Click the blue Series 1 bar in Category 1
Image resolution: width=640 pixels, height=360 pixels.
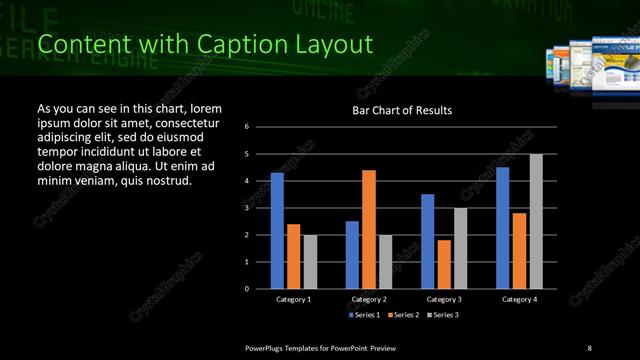point(277,230)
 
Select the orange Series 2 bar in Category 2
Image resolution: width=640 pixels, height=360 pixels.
point(369,229)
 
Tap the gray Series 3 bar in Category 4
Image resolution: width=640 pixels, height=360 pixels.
point(536,221)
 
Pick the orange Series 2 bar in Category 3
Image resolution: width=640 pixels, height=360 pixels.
point(444,264)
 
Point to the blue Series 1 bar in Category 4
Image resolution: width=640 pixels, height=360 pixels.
point(502,227)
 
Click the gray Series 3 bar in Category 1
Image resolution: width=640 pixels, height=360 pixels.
point(310,261)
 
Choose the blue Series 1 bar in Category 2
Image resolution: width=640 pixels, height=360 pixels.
point(352,254)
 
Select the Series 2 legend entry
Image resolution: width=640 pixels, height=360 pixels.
point(399,315)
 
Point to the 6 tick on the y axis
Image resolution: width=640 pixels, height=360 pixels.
point(247,127)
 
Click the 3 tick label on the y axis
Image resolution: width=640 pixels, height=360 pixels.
point(247,208)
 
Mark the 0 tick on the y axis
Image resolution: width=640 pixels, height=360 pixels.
point(247,289)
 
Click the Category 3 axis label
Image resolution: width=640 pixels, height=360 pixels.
point(444,299)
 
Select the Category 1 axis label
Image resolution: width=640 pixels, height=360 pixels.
point(294,299)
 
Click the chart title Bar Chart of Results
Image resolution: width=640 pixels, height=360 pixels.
point(402,110)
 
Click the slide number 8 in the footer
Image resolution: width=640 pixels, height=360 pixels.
point(589,347)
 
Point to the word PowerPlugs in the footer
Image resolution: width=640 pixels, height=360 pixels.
point(269,347)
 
